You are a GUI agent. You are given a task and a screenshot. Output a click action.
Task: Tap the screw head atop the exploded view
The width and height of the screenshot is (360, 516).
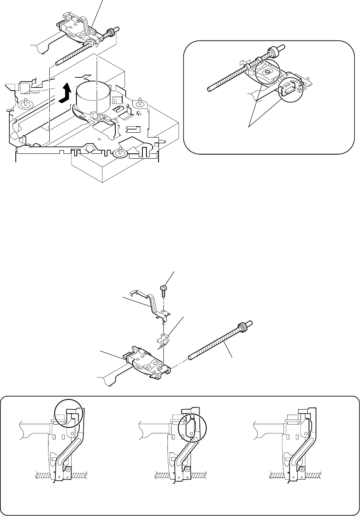(x=163, y=288)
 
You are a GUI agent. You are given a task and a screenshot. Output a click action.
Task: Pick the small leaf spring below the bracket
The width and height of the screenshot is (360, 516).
(x=164, y=341)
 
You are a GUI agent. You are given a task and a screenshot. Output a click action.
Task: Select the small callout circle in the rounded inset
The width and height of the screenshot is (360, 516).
(x=291, y=89)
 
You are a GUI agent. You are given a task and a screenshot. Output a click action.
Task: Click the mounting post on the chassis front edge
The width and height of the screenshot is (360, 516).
(x=120, y=152)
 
